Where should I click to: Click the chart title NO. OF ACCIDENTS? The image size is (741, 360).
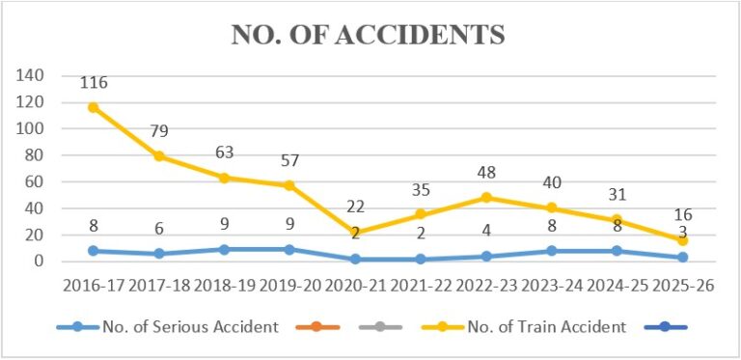(x=368, y=37)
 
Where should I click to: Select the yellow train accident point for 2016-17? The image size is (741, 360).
(x=94, y=107)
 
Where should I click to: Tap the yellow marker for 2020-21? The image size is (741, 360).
(x=355, y=232)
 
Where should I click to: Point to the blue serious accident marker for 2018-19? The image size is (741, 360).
(x=225, y=249)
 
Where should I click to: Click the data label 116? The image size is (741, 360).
(x=94, y=83)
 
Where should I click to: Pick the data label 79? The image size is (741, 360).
(x=159, y=131)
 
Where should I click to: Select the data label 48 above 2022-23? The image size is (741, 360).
(x=486, y=173)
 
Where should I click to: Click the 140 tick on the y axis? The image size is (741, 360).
(x=30, y=75)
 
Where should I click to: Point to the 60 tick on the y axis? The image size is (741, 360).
(x=35, y=181)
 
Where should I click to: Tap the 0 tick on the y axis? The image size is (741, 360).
(x=40, y=262)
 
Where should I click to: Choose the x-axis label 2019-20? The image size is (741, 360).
(x=289, y=287)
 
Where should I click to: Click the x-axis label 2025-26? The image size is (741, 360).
(x=682, y=287)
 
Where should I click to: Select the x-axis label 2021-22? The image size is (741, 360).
(x=421, y=287)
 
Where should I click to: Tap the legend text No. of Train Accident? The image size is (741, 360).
(x=547, y=327)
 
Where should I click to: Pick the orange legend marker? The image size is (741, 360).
(x=317, y=327)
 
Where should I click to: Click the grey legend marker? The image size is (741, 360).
(x=380, y=327)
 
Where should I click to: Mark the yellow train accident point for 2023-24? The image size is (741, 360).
(x=552, y=208)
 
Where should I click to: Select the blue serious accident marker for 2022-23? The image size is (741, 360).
(x=486, y=257)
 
